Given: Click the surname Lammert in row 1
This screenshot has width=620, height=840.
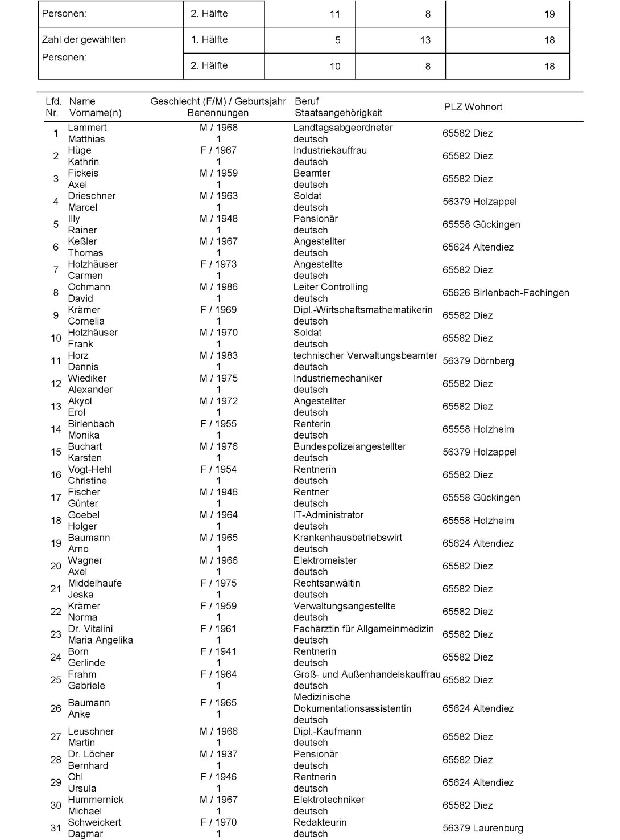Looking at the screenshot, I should [87, 128].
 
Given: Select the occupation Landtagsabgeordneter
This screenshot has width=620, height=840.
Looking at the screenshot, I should [342, 128].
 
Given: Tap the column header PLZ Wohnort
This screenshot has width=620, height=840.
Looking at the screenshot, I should [473, 107].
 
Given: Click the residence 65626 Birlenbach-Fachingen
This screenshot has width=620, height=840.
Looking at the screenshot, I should [505, 293].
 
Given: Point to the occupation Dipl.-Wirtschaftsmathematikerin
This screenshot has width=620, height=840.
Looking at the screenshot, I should [362, 310].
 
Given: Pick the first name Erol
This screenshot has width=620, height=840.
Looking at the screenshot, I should [76, 412].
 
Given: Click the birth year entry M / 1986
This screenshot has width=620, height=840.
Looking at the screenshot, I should [218, 287].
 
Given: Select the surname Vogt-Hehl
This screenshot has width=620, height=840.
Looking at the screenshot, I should [89, 469].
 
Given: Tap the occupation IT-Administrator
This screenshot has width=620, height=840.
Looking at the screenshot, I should [328, 515].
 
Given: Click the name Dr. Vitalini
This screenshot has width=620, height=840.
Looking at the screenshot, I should [90, 629].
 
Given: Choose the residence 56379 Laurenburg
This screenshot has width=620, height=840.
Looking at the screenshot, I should [482, 828].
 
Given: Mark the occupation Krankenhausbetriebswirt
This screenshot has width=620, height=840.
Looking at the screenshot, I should [348, 538].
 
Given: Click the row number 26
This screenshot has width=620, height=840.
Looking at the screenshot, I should [56, 708].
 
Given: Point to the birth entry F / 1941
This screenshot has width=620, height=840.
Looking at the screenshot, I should [218, 651].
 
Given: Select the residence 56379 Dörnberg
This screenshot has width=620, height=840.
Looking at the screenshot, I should [478, 361].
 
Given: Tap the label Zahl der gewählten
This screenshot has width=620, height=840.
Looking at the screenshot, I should [84, 40].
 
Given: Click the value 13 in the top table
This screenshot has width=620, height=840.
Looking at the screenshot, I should [425, 40].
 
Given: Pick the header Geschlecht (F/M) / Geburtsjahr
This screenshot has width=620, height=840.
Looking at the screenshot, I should [218, 101].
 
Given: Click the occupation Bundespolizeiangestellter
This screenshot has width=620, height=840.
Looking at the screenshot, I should [349, 446].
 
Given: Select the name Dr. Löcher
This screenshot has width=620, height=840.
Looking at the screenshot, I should [90, 754].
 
